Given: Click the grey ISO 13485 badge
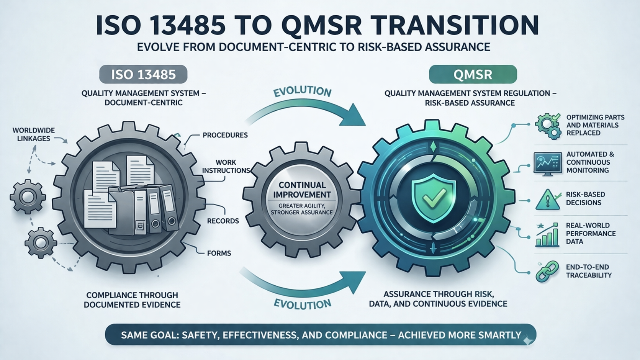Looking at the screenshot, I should point(143,74).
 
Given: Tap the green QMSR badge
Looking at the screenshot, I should point(473,74).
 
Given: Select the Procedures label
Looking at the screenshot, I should point(225,135).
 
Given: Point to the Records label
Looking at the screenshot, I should point(223,221).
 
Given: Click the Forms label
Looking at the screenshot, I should point(219,253).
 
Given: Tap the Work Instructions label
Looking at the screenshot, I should point(226,166).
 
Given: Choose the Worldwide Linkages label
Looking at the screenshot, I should point(34,134).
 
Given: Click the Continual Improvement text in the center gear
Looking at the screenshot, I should point(302,190).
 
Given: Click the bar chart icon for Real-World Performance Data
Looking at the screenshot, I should point(547,235).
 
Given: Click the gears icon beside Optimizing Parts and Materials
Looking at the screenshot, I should point(548,126).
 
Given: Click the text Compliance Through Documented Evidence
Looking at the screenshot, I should point(132,300).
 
